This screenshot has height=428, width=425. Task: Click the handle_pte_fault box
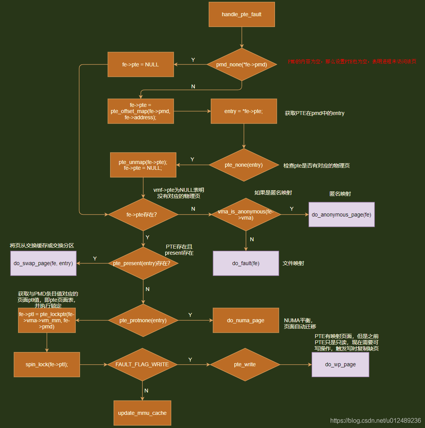coord(242,15)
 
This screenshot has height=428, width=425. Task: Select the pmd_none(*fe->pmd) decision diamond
coord(242,64)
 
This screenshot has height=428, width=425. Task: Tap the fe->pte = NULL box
coord(141,64)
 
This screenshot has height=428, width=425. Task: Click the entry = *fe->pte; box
coord(244,111)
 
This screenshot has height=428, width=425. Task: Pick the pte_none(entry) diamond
coord(244,165)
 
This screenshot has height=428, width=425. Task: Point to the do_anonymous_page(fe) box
coord(341,215)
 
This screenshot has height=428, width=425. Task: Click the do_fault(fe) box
coord(246,263)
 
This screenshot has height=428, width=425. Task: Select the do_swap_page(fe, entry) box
coord(43,263)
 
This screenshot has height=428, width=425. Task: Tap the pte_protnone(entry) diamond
coord(143,320)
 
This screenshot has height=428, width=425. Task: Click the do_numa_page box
coord(246,320)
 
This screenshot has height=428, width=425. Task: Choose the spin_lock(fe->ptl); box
coord(47,364)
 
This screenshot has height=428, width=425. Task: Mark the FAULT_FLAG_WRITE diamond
coord(142,364)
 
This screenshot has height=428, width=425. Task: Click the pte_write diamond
coord(245,364)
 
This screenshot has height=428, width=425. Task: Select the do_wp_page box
coord(340,364)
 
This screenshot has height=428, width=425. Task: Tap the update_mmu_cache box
coord(142,413)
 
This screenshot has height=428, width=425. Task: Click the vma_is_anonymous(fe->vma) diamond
coord(246,215)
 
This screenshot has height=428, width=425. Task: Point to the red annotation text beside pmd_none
coord(352,62)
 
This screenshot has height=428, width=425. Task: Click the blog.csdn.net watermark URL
coord(376,420)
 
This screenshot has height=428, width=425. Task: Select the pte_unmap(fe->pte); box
coord(143,165)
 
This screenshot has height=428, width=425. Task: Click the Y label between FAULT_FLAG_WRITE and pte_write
coord(190,359)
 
